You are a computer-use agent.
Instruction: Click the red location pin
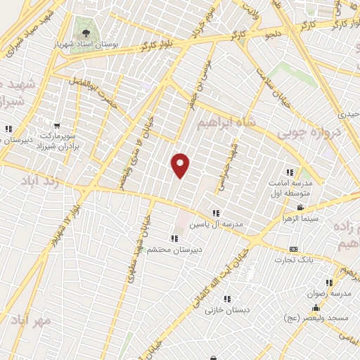click(181, 165)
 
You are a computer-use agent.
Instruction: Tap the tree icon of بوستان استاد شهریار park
click(86, 32)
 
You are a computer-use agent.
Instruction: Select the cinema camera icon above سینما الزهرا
click(300, 207)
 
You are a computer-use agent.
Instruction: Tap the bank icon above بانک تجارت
click(293, 250)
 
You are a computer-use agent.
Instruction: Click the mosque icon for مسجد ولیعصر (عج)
click(316, 307)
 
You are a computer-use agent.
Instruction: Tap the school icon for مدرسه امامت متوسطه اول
click(289, 172)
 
